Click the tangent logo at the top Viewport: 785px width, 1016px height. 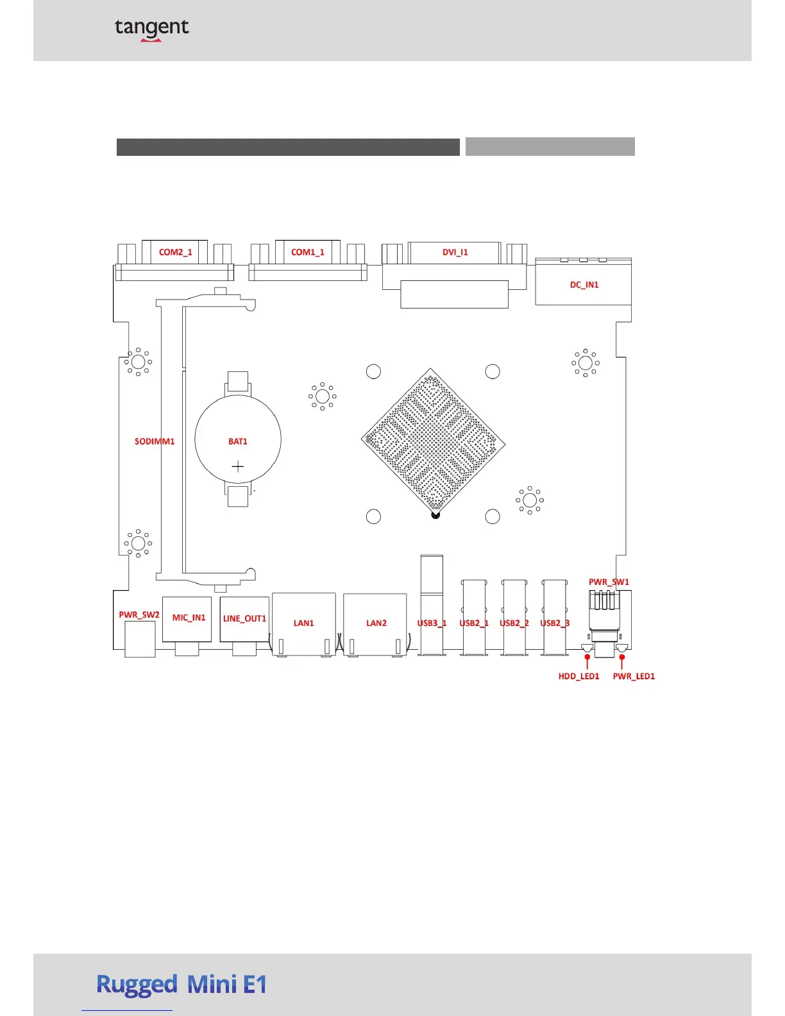(152, 29)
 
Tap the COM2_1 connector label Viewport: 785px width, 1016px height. (176, 252)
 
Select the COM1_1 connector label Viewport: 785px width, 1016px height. (308, 252)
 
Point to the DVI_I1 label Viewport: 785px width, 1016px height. (455, 252)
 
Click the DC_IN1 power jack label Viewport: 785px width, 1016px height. (584, 285)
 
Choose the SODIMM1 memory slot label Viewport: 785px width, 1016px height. (155, 441)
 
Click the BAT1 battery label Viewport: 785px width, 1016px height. (238, 441)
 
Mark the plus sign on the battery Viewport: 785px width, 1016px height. (238, 466)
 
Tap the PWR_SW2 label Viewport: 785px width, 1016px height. (139, 614)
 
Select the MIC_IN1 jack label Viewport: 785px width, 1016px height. (189, 618)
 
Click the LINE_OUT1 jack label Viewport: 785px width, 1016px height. (244, 618)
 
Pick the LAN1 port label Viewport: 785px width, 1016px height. (304, 623)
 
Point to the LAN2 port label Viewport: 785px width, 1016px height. (376, 623)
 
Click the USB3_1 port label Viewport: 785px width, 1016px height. (432, 623)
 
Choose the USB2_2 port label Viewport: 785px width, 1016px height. (514, 623)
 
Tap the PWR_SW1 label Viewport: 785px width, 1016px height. (609, 582)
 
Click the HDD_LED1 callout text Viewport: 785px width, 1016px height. (579, 676)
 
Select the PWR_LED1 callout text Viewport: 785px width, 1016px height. (634, 676)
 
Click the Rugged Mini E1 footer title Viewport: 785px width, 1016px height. (181, 984)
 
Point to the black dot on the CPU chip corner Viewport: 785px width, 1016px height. (435, 514)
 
